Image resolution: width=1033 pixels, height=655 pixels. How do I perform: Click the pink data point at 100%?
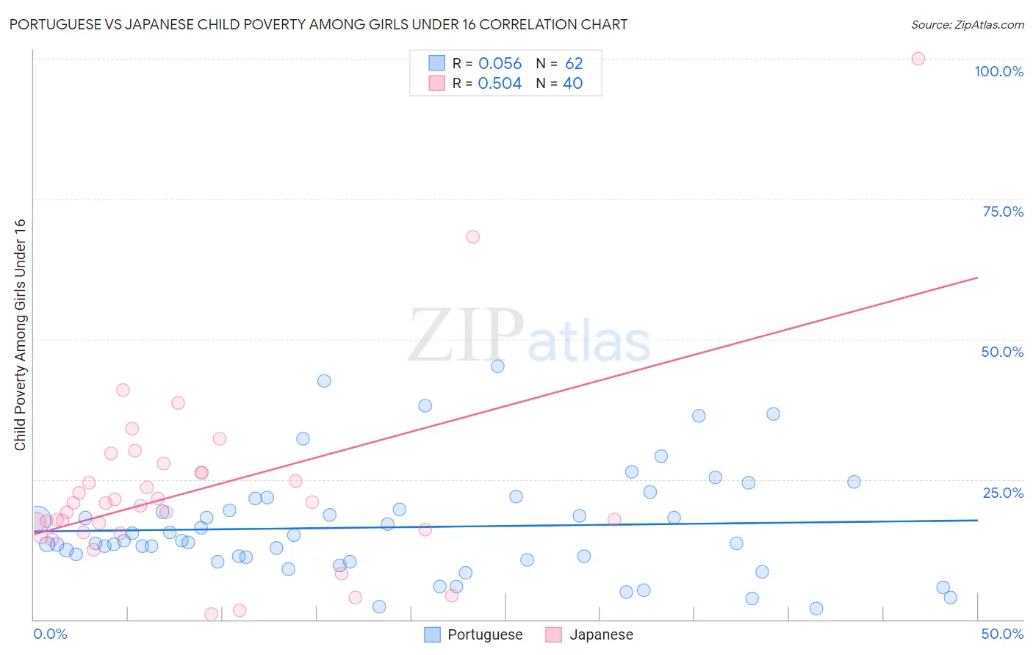918,59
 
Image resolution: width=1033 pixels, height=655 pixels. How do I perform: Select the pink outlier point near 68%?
472,236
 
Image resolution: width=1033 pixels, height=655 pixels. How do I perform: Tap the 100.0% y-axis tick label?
998,71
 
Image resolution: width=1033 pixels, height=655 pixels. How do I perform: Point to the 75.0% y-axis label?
1003,211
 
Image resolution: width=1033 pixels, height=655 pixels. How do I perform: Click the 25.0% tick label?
1003,493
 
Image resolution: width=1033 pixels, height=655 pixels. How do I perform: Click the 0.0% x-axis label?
50,634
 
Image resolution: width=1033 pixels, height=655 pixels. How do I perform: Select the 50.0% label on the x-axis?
1002,634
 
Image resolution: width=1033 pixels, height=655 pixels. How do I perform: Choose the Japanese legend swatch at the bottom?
553,634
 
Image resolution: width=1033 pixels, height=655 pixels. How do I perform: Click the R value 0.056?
500,64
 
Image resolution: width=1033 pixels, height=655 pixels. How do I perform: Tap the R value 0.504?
500,84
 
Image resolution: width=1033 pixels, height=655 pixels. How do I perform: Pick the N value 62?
574,64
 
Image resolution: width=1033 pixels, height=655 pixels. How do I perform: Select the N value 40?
572,84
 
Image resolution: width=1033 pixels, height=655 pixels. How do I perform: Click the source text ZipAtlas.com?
990,24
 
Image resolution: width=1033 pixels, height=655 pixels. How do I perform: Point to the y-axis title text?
20,335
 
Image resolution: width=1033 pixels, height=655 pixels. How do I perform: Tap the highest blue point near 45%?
497,366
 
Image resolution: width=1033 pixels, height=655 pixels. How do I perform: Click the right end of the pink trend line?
977,278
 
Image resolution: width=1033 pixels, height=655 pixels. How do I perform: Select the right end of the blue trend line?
977,520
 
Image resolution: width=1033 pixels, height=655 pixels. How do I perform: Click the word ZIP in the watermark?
466,336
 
